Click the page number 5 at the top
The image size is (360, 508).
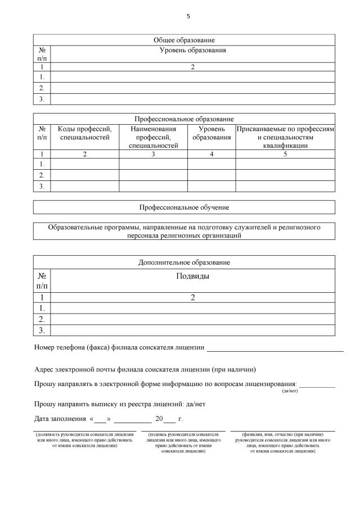click(x=188, y=16)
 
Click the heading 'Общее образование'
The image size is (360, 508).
click(x=184, y=40)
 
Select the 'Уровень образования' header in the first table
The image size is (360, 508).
click(x=192, y=51)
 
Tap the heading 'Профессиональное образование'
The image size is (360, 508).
click(x=184, y=119)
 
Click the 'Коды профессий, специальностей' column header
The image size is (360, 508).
click(x=84, y=133)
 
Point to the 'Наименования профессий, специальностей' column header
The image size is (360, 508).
click(x=153, y=137)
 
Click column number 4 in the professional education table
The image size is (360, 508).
click(x=211, y=154)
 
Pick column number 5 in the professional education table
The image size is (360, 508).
click(x=285, y=154)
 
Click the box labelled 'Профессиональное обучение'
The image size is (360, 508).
click(x=184, y=207)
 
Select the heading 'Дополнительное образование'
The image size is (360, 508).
click(x=184, y=262)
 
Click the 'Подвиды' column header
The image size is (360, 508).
click(x=192, y=276)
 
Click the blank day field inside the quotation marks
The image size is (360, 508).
click(x=101, y=419)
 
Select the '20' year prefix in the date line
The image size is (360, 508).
click(x=159, y=419)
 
